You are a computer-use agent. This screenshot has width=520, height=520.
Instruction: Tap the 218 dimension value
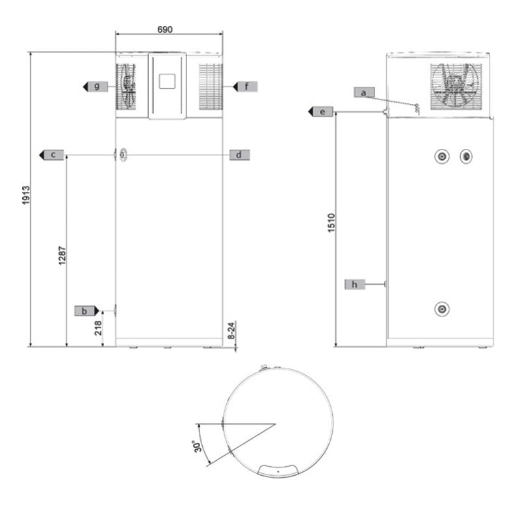point(98,328)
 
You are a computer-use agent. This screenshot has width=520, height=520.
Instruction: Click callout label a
point(365,92)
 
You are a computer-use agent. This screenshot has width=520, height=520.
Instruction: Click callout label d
point(239,155)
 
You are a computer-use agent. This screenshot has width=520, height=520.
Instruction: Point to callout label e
point(321,112)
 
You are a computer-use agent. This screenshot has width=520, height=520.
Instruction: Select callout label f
point(246,86)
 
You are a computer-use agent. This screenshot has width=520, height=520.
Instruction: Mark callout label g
point(95,86)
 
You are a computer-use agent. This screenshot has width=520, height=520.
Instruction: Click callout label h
point(355,284)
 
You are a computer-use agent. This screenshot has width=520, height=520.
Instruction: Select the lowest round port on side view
point(442,309)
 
